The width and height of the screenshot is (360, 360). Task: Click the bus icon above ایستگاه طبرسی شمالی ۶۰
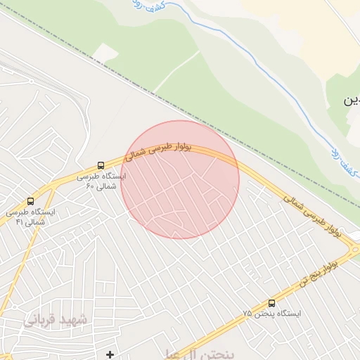[101, 166]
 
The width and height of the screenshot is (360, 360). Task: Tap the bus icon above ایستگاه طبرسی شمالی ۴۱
[30, 201]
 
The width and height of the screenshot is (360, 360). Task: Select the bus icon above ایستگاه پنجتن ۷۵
[272, 303]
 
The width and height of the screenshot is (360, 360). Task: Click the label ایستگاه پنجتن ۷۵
[272, 314]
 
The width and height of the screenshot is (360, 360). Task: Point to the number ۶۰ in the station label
[90, 186]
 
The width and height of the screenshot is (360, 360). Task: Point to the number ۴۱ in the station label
[19, 222]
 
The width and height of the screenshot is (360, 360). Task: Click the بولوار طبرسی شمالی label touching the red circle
[156, 148]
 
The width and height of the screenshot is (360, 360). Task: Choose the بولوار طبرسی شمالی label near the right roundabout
[316, 216]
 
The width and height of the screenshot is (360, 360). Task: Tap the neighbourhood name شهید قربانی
[56, 321]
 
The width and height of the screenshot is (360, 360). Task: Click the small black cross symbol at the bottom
[110, 354]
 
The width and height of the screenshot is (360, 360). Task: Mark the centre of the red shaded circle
[180, 180]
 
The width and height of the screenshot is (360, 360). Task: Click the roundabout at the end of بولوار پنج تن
[354, 248]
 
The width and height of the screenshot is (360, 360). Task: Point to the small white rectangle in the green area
[105, 52]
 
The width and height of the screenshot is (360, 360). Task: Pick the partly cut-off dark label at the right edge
[351, 101]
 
